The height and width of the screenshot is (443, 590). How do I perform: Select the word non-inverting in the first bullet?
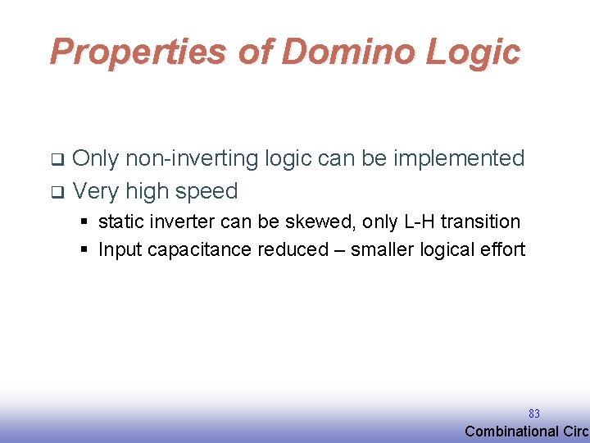[192, 158]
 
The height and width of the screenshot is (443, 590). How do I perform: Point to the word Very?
[97, 191]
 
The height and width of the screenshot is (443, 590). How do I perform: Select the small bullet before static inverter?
[85, 222]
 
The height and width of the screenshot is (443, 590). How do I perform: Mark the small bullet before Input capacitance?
[85, 250]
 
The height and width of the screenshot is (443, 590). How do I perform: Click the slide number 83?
[533, 414]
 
